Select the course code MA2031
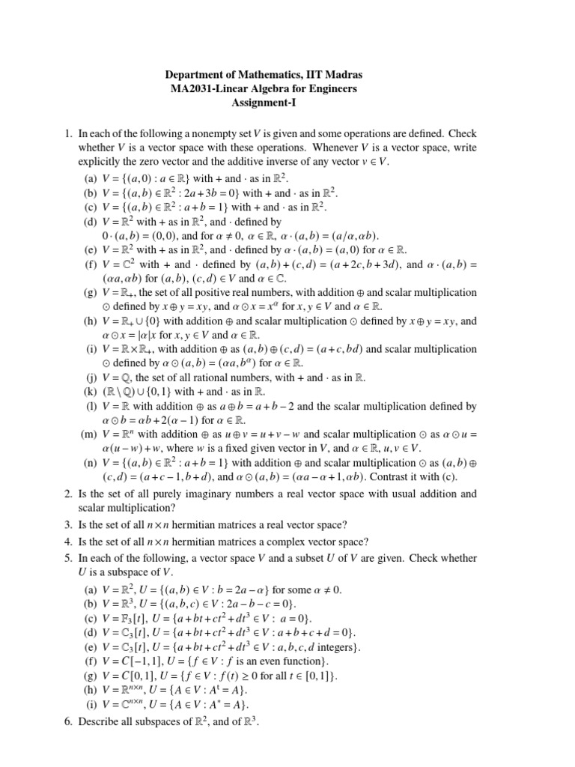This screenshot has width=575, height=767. (x=195, y=89)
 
